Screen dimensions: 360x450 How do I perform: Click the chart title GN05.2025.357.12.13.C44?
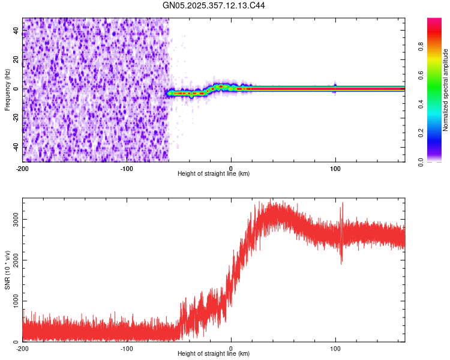point(214,5)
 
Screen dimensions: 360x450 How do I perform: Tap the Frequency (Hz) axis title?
point(7,90)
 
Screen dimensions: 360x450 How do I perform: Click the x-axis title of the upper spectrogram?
point(214,174)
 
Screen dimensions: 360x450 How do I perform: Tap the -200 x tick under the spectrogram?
point(23,167)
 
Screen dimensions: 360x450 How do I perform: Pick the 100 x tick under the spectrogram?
point(335,167)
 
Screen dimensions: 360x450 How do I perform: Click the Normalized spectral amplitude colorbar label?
point(445,90)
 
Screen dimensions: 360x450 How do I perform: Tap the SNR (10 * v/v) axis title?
point(8,270)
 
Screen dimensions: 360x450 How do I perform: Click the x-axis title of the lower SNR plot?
point(214,354)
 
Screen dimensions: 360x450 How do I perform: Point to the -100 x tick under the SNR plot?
point(127,348)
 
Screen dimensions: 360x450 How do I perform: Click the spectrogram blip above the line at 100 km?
point(335,84)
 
